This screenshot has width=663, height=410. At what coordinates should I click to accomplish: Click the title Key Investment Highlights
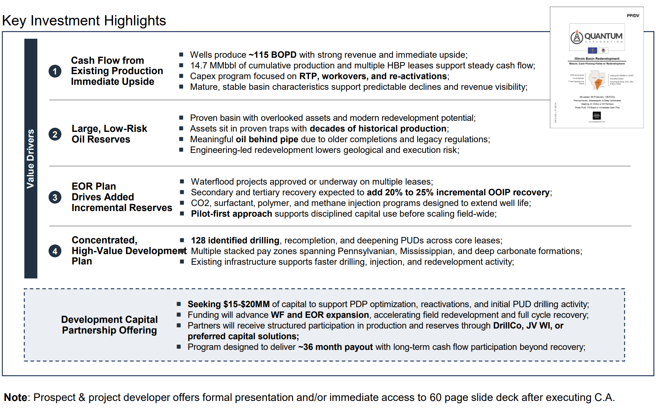[x=84, y=21]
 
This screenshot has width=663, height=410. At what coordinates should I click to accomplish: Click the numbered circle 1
[x=55, y=71]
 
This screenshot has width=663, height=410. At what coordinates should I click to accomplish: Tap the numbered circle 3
[x=55, y=197]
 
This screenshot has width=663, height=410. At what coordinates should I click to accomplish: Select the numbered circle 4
[x=55, y=251]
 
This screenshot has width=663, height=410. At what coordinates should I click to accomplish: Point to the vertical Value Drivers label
[x=31, y=159]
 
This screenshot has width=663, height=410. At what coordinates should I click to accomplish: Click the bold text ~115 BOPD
[x=272, y=55]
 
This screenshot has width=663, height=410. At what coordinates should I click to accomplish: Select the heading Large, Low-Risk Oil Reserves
[x=109, y=134]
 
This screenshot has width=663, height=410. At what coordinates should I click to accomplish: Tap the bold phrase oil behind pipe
[x=267, y=139]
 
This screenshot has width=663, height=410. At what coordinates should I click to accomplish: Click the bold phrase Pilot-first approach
[x=231, y=214]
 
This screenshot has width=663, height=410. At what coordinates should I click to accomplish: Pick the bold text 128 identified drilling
[x=235, y=240]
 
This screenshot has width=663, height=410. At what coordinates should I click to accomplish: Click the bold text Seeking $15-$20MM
[x=228, y=304]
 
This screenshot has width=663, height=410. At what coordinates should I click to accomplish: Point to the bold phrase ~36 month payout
[x=335, y=347]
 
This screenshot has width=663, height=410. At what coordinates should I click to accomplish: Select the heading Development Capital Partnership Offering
[x=109, y=325]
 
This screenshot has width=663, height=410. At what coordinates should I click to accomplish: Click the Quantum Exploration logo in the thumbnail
[x=597, y=37]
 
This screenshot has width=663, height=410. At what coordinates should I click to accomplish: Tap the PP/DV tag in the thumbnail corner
[x=633, y=16]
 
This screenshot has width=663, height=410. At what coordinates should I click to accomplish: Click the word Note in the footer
[x=15, y=397]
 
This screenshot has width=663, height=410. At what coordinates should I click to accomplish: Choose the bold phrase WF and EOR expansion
[x=319, y=315]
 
